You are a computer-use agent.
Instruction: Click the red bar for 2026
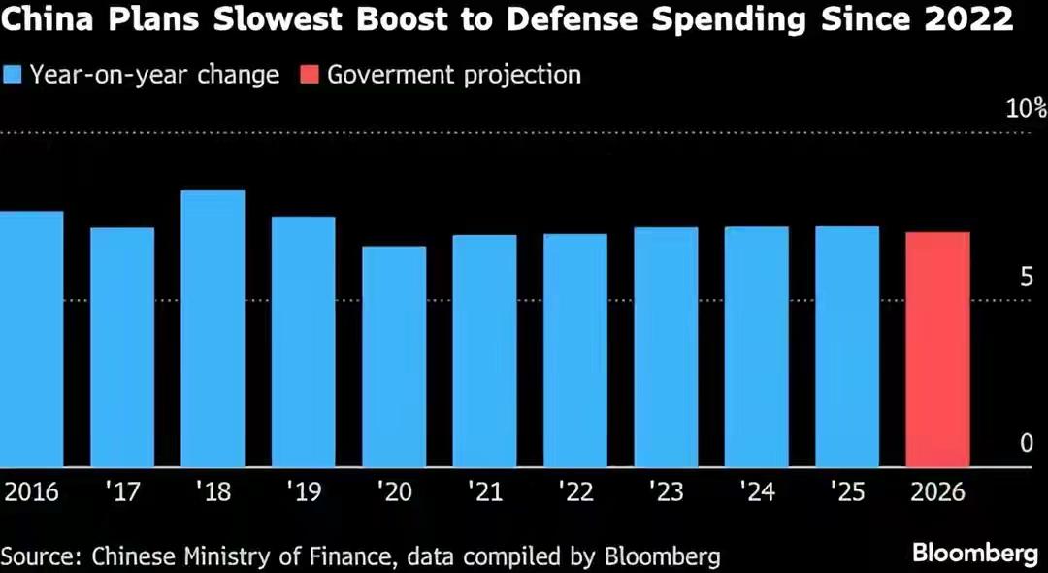pyautogui.click(x=937, y=350)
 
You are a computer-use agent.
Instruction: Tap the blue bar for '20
pyautogui.click(x=394, y=356)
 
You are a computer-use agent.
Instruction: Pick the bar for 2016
pyautogui.click(x=31, y=339)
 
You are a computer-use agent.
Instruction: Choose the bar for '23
pyautogui.click(x=666, y=347)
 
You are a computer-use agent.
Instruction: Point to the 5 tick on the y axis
pyautogui.click(x=1025, y=278)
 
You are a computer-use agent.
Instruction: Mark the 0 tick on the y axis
pyautogui.click(x=1026, y=443)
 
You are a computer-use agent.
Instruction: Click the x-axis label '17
pyautogui.click(x=122, y=492)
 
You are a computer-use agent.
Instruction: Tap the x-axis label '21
pyautogui.click(x=484, y=492)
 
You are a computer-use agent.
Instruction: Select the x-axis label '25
pyautogui.click(x=847, y=492)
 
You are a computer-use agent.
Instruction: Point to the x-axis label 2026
pyautogui.click(x=937, y=492)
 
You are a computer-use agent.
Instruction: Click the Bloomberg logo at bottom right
pyautogui.click(x=975, y=554)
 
